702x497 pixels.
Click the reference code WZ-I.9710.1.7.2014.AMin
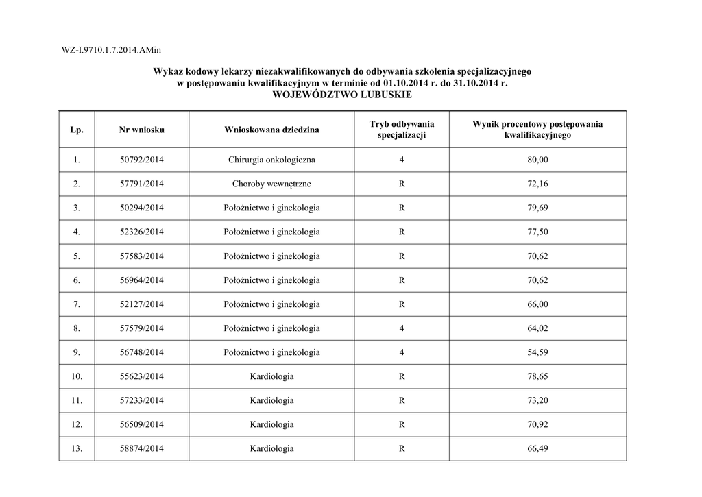(111, 50)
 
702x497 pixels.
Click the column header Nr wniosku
(141, 130)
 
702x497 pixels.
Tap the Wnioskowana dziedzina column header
(271, 130)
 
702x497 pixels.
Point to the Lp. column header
(77, 130)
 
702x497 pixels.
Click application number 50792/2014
(141, 160)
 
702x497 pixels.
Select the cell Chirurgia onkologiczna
(271, 160)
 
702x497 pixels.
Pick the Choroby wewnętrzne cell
(271, 184)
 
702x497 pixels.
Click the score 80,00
(537, 160)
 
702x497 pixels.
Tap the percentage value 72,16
(537, 184)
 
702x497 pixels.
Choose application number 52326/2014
(141, 232)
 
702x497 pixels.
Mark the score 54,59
(537, 352)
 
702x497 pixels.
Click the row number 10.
(77, 376)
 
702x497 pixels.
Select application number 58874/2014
(141, 448)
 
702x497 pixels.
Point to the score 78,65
(537, 376)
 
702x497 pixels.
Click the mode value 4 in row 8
(402, 328)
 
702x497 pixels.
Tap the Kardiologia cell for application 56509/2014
(271, 424)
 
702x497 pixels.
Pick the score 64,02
(537, 328)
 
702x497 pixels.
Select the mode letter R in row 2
(402, 184)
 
